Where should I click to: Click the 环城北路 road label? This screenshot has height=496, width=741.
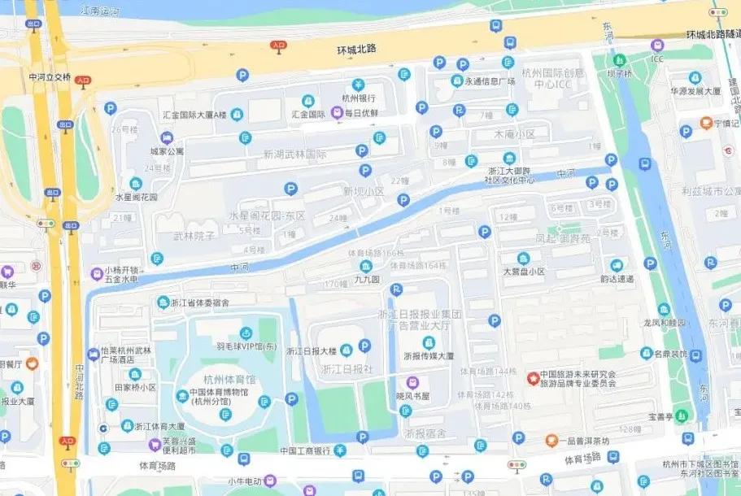coord(357,50)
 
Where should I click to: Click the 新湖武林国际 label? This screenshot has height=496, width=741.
coord(294,154)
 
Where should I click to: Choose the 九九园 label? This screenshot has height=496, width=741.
coord(366,279)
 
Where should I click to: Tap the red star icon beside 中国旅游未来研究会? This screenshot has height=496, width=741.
coord(533,378)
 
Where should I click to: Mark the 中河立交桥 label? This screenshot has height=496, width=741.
coord(50,77)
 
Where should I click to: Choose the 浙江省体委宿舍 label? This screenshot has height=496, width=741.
coord(199,302)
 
